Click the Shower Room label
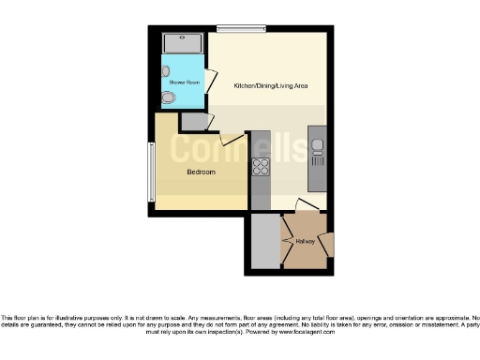pyautogui.click(x=184, y=82)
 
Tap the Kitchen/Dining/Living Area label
pyautogui.click(x=271, y=86)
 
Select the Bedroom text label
pyautogui.click(x=201, y=172)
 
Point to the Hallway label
pyautogui.click(x=305, y=241)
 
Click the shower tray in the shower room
pyautogui.click(x=183, y=43)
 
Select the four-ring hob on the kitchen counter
pyautogui.click(x=260, y=169)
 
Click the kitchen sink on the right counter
pyautogui.click(x=318, y=149)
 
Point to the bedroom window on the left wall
pyautogui.click(x=149, y=170)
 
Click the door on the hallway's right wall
pyautogui.click(x=328, y=246)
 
